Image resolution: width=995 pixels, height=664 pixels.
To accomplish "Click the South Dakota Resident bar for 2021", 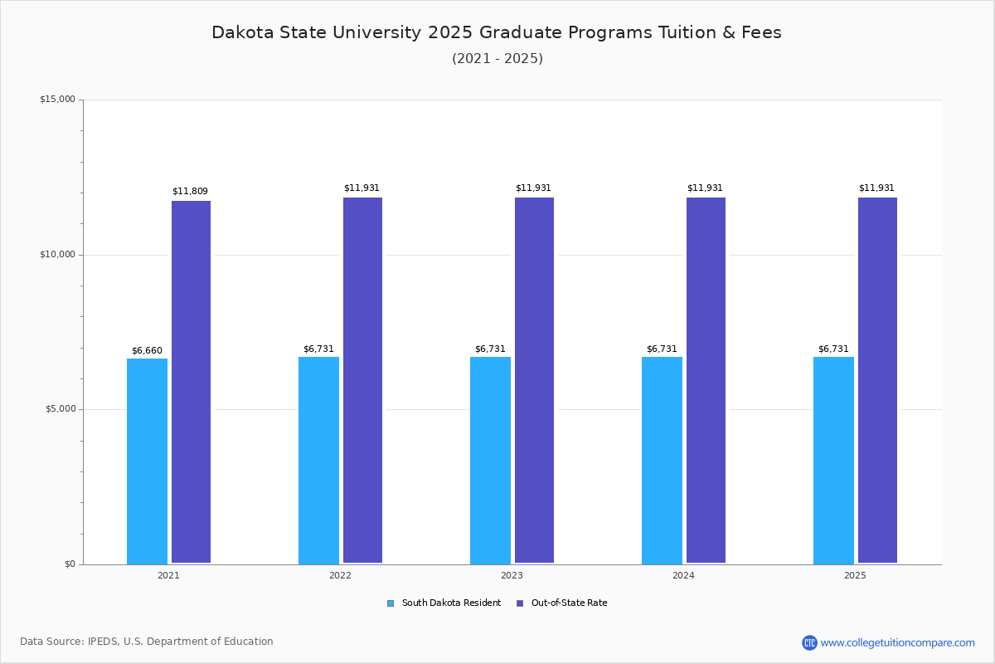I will point(147,461).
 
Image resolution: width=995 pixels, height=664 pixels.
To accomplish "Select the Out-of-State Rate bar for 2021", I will point(191,382).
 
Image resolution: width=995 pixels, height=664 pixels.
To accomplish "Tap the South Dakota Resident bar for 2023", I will point(490,460).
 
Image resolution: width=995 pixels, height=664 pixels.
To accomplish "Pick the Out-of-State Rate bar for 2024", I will point(706,380).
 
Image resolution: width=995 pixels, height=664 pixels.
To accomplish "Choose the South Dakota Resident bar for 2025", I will point(833,460).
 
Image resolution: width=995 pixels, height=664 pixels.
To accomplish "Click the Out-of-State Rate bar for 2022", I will point(362,380).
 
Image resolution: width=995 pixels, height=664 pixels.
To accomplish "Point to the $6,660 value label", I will point(147,350).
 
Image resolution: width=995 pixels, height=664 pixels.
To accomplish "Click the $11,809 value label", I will point(190,192).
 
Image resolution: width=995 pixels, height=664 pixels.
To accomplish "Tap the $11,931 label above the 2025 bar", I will point(876,188).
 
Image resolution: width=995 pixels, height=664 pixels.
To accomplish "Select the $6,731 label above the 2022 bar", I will point(318,349).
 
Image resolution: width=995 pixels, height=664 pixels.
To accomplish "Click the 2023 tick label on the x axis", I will point(512,575).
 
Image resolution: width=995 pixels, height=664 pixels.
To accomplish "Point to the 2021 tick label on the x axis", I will point(168,575).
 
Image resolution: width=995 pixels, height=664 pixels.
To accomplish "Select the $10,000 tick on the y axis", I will point(57,255).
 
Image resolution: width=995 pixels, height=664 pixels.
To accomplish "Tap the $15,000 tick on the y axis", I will point(57,100).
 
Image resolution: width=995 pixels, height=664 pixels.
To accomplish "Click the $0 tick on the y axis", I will point(70,564).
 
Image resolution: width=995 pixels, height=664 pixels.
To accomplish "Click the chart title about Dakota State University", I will point(497,32).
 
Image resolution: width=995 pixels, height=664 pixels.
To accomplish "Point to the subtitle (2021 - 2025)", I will point(498,59).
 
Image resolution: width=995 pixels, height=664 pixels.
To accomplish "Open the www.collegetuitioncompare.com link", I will point(897,642).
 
